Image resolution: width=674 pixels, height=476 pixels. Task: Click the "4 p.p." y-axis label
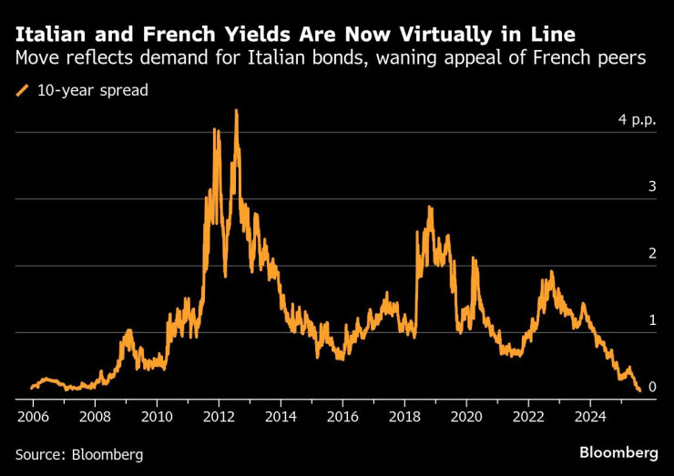pyautogui.click(x=638, y=120)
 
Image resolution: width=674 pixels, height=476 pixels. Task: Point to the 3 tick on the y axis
pyautogui.click(x=652, y=187)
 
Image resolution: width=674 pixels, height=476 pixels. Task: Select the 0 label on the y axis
pyautogui.click(x=652, y=388)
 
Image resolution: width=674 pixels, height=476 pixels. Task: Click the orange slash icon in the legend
pyautogui.click(x=22, y=90)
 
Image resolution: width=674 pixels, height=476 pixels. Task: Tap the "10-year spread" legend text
pyautogui.click(x=92, y=90)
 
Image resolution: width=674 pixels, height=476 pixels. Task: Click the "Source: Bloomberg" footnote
pyautogui.click(x=79, y=453)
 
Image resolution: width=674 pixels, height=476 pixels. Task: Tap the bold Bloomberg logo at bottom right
pyautogui.click(x=618, y=452)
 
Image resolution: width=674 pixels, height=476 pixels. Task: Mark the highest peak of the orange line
pyautogui.click(x=237, y=111)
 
